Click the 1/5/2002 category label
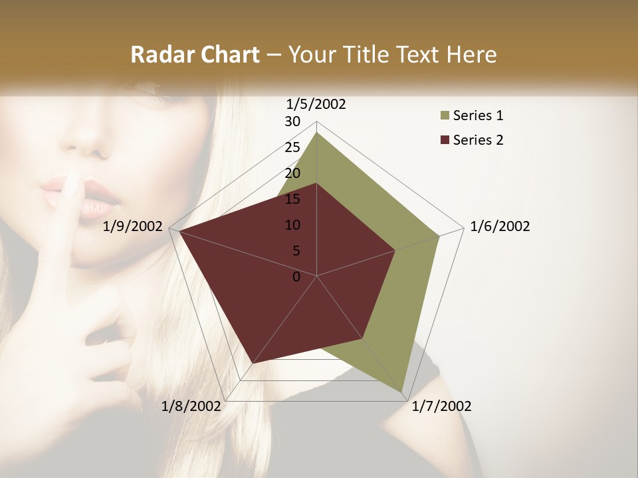[x=316, y=104]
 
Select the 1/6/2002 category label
[x=500, y=226]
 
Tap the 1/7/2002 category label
[x=441, y=406]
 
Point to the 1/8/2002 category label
[x=191, y=406]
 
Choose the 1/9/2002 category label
[x=133, y=226]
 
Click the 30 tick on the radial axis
[x=292, y=121]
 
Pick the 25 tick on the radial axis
[x=292, y=147]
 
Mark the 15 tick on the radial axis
[x=292, y=199]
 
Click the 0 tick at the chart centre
[x=296, y=277]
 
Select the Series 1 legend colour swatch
[x=444, y=116]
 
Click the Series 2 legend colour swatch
[x=444, y=140]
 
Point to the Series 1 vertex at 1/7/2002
[x=403, y=392]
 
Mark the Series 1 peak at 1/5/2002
[x=316, y=133]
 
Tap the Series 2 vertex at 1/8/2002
[x=253, y=363]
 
